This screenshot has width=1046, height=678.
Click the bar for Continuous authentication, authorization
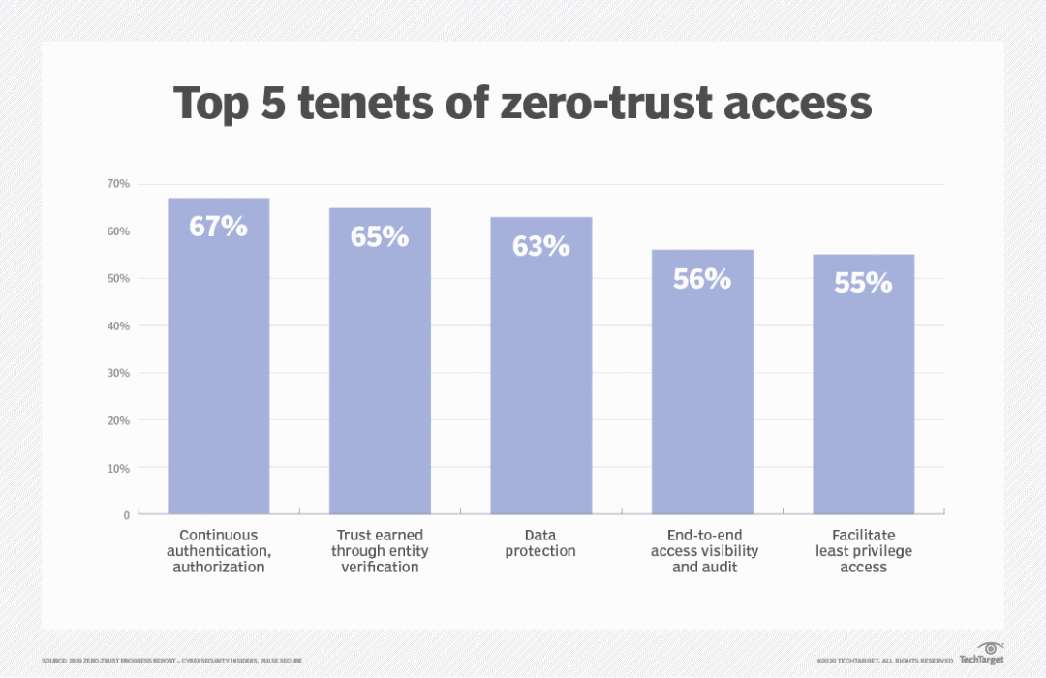(218, 368)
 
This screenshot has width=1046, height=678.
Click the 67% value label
(218, 229)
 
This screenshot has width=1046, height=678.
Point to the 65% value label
(380, 237)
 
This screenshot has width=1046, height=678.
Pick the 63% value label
(540, 246)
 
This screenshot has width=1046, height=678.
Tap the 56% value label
(702, 279)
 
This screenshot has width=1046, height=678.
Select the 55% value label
(863, 283)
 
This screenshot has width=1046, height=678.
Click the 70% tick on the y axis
(118, 184)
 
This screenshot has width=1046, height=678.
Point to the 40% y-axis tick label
(118, 326)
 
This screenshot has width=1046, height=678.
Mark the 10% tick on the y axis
(118, 469)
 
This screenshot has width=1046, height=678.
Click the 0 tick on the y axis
(126, 515)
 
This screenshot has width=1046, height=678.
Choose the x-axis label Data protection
(540, 542)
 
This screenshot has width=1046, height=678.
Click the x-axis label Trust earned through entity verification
(380, 550)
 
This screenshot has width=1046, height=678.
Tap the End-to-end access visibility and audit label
(702, 550)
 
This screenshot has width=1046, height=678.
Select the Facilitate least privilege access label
(863, 550)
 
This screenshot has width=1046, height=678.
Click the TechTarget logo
(981, 654)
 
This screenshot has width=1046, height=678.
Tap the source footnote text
(171, 661)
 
